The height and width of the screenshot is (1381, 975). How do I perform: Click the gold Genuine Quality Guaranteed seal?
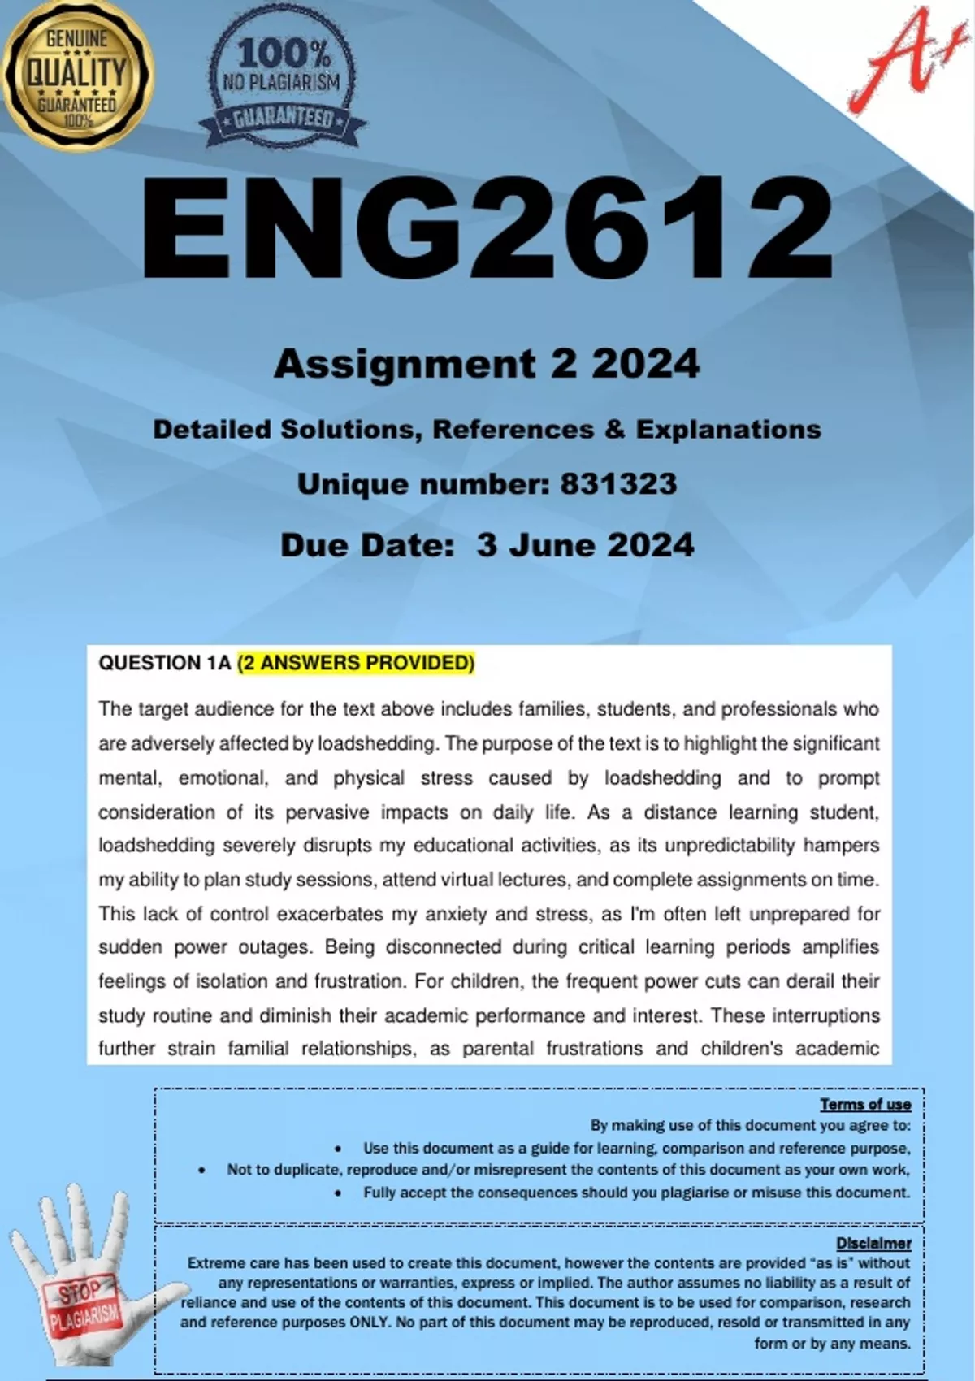(x=77, y=75)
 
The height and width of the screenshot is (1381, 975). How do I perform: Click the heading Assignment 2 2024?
(x=487, y=363)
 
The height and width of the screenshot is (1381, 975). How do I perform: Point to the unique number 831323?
(x=618, y=484)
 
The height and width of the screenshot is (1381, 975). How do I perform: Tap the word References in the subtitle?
(x=513, y=429)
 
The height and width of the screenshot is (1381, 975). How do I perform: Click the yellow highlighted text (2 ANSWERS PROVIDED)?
(x=356, y=663)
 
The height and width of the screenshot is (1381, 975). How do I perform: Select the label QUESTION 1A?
(x=165, y=663)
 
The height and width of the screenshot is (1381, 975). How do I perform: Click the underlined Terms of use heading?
(x=865, y=1104)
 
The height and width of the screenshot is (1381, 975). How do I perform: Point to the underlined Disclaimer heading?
(x=873, y=1243)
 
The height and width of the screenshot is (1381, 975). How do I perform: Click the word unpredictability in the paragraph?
(x=730, y=846)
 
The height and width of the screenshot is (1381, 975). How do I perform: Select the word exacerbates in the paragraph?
(x=330, y=914)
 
